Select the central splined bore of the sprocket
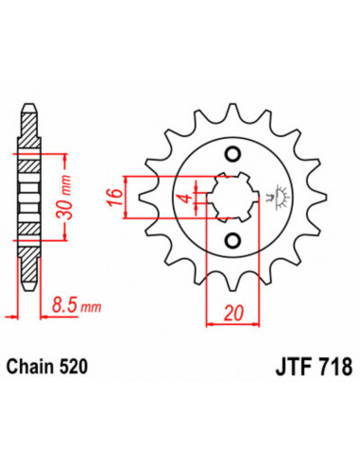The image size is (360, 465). pyautogui.click(x=232, y=199)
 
